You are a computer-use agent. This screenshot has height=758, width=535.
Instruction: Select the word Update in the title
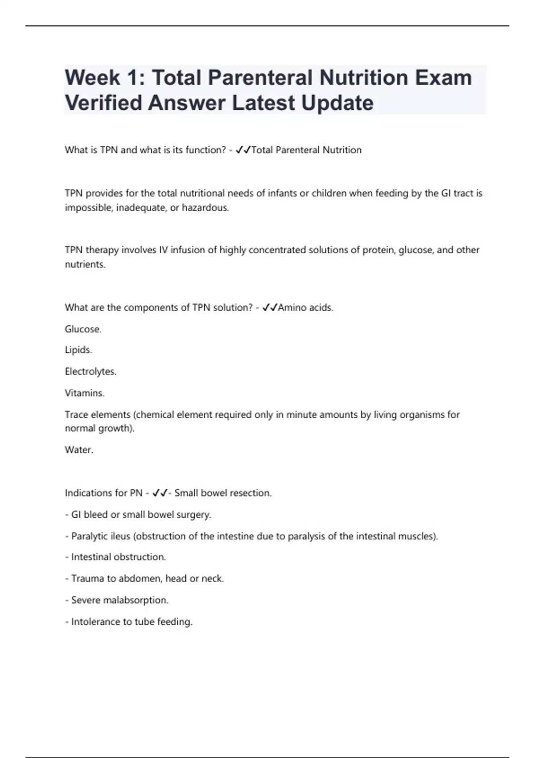pyautogui.click(x=337, y=103)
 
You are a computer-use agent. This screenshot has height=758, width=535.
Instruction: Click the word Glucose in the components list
pyautogui.click(x=82, y=329)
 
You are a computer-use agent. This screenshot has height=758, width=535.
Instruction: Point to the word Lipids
pyautogui.click(x=78, y=350)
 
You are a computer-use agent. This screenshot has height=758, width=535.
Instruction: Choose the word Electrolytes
pyautogui.click(x=90, y=371)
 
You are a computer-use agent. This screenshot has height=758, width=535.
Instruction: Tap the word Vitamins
pyautogui.click(x=84, y=393)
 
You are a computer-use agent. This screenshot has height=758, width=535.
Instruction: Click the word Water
pyautogui.click(x=78, y=449)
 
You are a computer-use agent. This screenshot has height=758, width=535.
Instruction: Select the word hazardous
pyautogui.click(x=205, y=208)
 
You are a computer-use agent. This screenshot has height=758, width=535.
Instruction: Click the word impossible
pyautogui.click(x=89, y=208)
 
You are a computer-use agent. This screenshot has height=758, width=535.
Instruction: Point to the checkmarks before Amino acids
pyautogui.click(x=270, y=307)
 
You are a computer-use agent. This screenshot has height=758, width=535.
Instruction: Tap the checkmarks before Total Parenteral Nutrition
pyautogui.click(x=243, y=150)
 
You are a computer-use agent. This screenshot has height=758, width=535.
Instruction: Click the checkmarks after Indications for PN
pyautogui.click(x=160, y=493)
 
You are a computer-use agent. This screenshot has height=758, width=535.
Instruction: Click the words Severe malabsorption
pyautogui.click(x=119, y=600)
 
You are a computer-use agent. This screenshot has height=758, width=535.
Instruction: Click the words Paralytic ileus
pyautogui.click(x=100, y=536)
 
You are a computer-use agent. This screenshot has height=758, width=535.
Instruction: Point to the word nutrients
pyautogui.click(x=85, y=264)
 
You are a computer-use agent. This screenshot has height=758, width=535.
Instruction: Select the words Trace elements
pyautogui.click(x=98, y=415)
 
